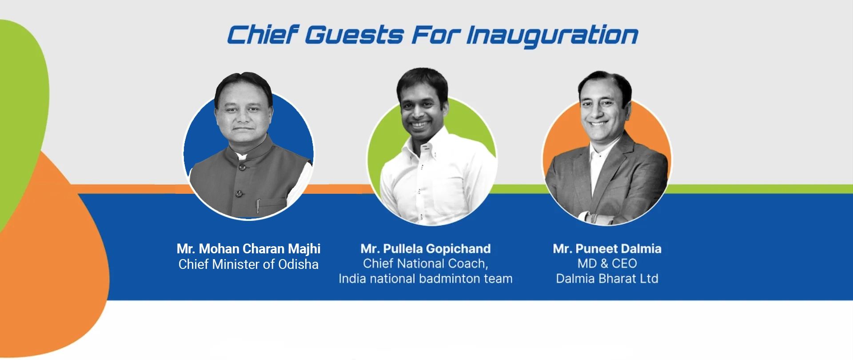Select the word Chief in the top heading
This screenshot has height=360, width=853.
pyautogui.click(x=263, y=35)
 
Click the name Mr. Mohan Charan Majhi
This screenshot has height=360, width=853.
pyautogui.click(x=248, y=248)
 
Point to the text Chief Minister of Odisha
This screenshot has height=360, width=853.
pyautogui.click(x=248, y=264)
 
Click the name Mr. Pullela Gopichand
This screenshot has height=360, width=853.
pyautogui.click(x=426, y=249)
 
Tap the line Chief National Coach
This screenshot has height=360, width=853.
pyautogui.click(x=425, y=264)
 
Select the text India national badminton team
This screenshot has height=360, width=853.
pyautogui.click(x=426, y=279)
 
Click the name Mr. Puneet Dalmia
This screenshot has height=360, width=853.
pyautogui.click(x=607, y=248)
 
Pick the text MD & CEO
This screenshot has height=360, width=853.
pyautogui.click(x=607, y=264)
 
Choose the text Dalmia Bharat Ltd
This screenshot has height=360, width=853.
pyautogui.click(x=607, y=279)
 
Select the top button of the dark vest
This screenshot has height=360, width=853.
pyautogui.click(x=243, y=167)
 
